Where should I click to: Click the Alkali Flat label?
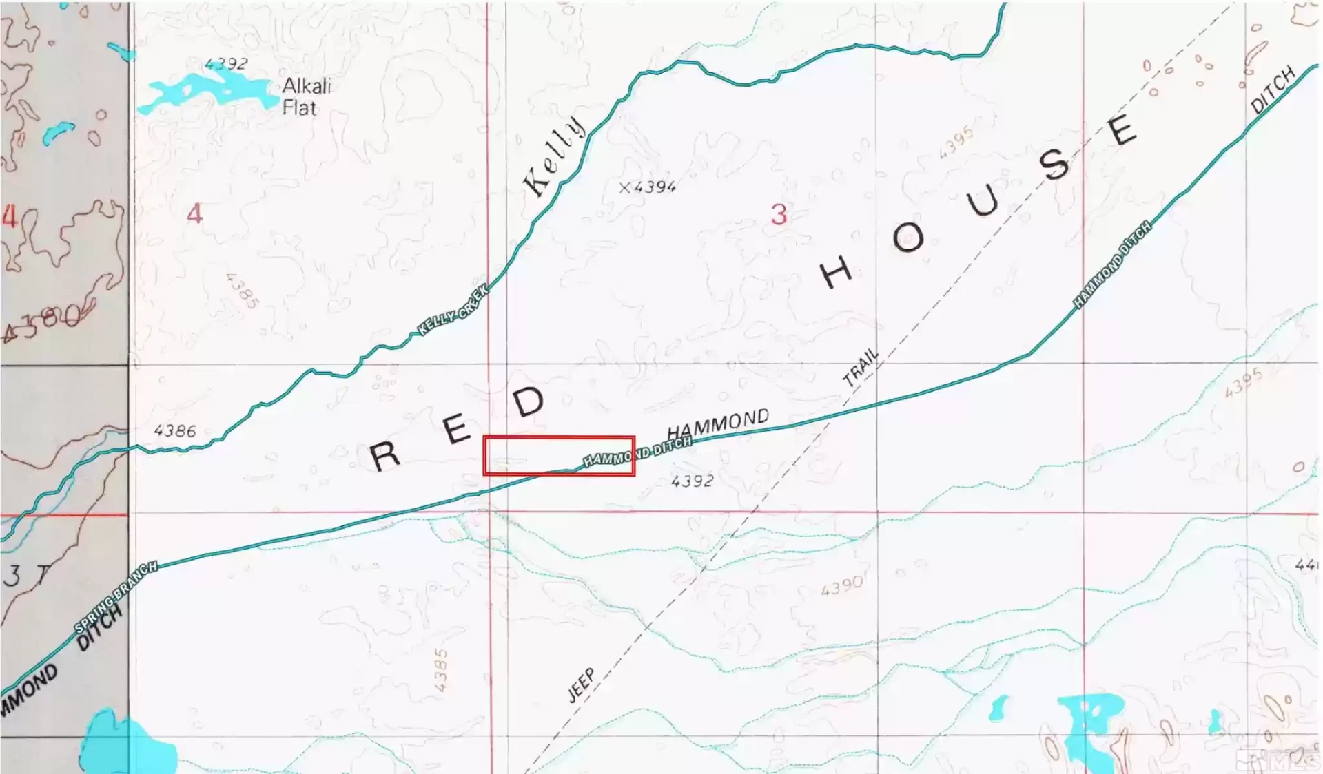tap(307, 96)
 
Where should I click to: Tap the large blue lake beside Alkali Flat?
tap(207, 92)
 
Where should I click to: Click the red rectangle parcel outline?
tap(559, 438)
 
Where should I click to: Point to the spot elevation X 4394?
tap(648, 187)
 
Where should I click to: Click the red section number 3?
tap(779, 215)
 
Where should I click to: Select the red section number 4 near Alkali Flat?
tap(195, 214)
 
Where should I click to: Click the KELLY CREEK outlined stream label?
tap(453, 310)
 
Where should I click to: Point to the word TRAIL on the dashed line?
tap(861, 367)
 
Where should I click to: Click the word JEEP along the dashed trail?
tap(581, 685)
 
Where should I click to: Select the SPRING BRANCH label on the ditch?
tap(116, 597)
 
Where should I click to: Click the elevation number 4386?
tap(175, 431)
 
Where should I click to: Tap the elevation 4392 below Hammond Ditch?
tap(693, 481)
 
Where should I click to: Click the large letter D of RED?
tap(529, 401)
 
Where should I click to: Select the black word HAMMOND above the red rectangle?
tap(718, 422)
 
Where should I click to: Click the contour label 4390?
tap(842, 587)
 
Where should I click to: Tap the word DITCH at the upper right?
tap(1273, 90)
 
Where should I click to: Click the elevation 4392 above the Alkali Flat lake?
tap(226, 64)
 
